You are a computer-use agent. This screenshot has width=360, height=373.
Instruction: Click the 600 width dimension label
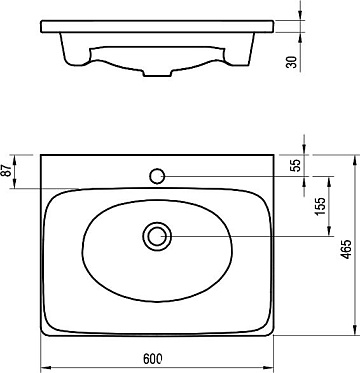(x=153, y=359)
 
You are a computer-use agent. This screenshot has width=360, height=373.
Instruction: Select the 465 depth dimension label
(x=347, y=249)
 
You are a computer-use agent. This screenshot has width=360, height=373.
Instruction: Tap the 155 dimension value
(x=320, y=206)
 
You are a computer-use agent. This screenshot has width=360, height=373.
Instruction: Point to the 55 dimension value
(x=295, y=165)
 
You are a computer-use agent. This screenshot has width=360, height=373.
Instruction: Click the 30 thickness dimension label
(x=291, y=62)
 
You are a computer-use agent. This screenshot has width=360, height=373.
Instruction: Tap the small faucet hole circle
(x=157, y=176)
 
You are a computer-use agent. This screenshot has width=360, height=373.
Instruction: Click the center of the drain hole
(x=157, y=236)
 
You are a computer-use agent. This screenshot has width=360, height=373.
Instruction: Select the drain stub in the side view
(x=158, y=73)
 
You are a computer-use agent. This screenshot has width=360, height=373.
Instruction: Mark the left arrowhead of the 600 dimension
(x=45, y=368)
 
